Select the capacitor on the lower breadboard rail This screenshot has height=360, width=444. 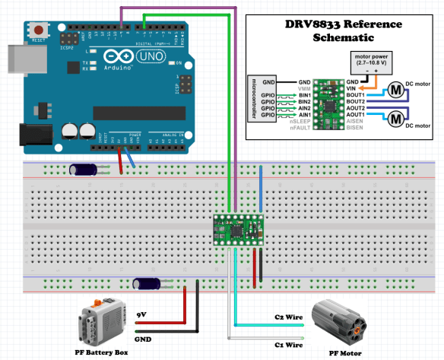[147, 284]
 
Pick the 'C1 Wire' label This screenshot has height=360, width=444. [287, 344]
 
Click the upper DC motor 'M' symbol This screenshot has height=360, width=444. [396, 90]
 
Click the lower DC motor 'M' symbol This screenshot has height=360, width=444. [396, 118]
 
